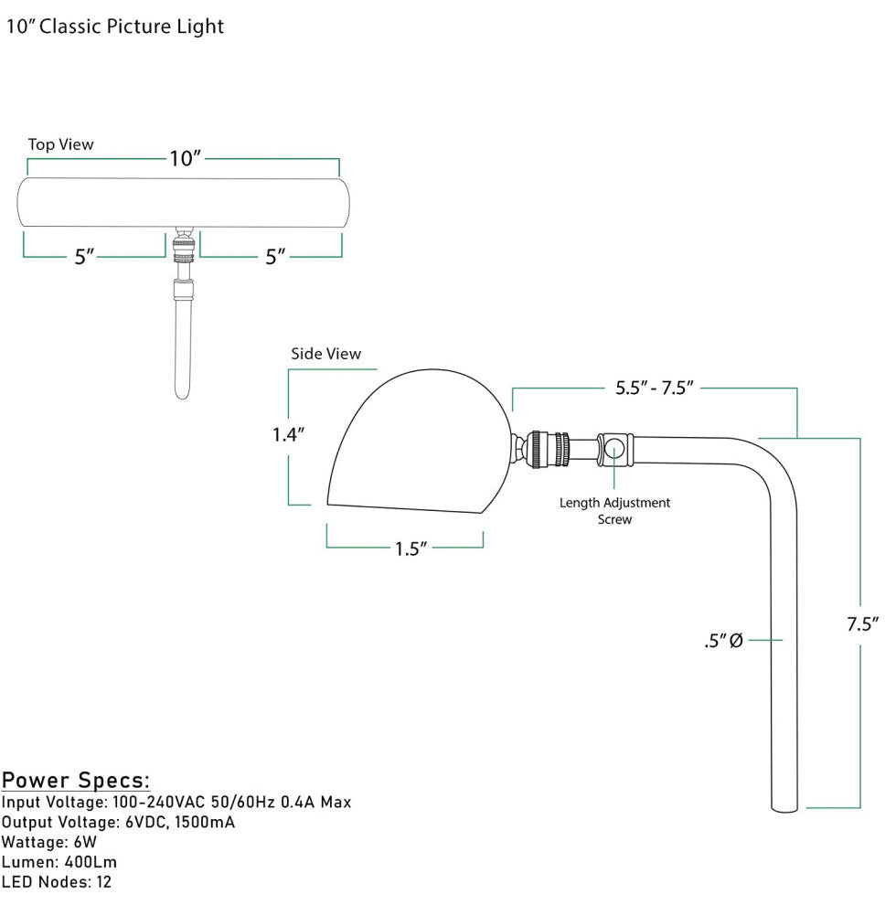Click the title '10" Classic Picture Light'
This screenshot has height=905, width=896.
[x=115, y=27]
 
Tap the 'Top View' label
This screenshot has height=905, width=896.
[x=60, y=144]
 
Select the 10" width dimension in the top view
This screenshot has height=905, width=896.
[x=185, y=158]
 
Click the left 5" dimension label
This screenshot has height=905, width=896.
[x=85, y=257]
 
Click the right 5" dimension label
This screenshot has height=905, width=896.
[x=275, y=257]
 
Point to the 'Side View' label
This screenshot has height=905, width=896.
[x=325, y=354]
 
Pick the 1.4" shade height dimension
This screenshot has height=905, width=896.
[x=288, y=435]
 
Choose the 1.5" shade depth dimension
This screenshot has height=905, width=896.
[x=411, y=548]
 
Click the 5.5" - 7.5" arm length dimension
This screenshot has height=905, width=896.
[x=656, y=388]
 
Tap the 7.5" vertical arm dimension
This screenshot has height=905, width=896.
[x=861, y=624]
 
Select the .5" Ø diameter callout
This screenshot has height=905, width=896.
[x=722, y=642]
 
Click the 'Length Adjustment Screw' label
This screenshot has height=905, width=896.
[x=614, y=511]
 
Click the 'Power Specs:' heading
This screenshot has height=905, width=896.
[x=76, y=781]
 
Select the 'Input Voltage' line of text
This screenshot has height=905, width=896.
[x=176, y=803]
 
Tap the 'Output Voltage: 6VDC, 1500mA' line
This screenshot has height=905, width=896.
[x=119, y=823]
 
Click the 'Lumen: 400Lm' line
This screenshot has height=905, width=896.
[x=59, y=862]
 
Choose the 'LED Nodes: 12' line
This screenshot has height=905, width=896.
[x=57, y=882]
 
